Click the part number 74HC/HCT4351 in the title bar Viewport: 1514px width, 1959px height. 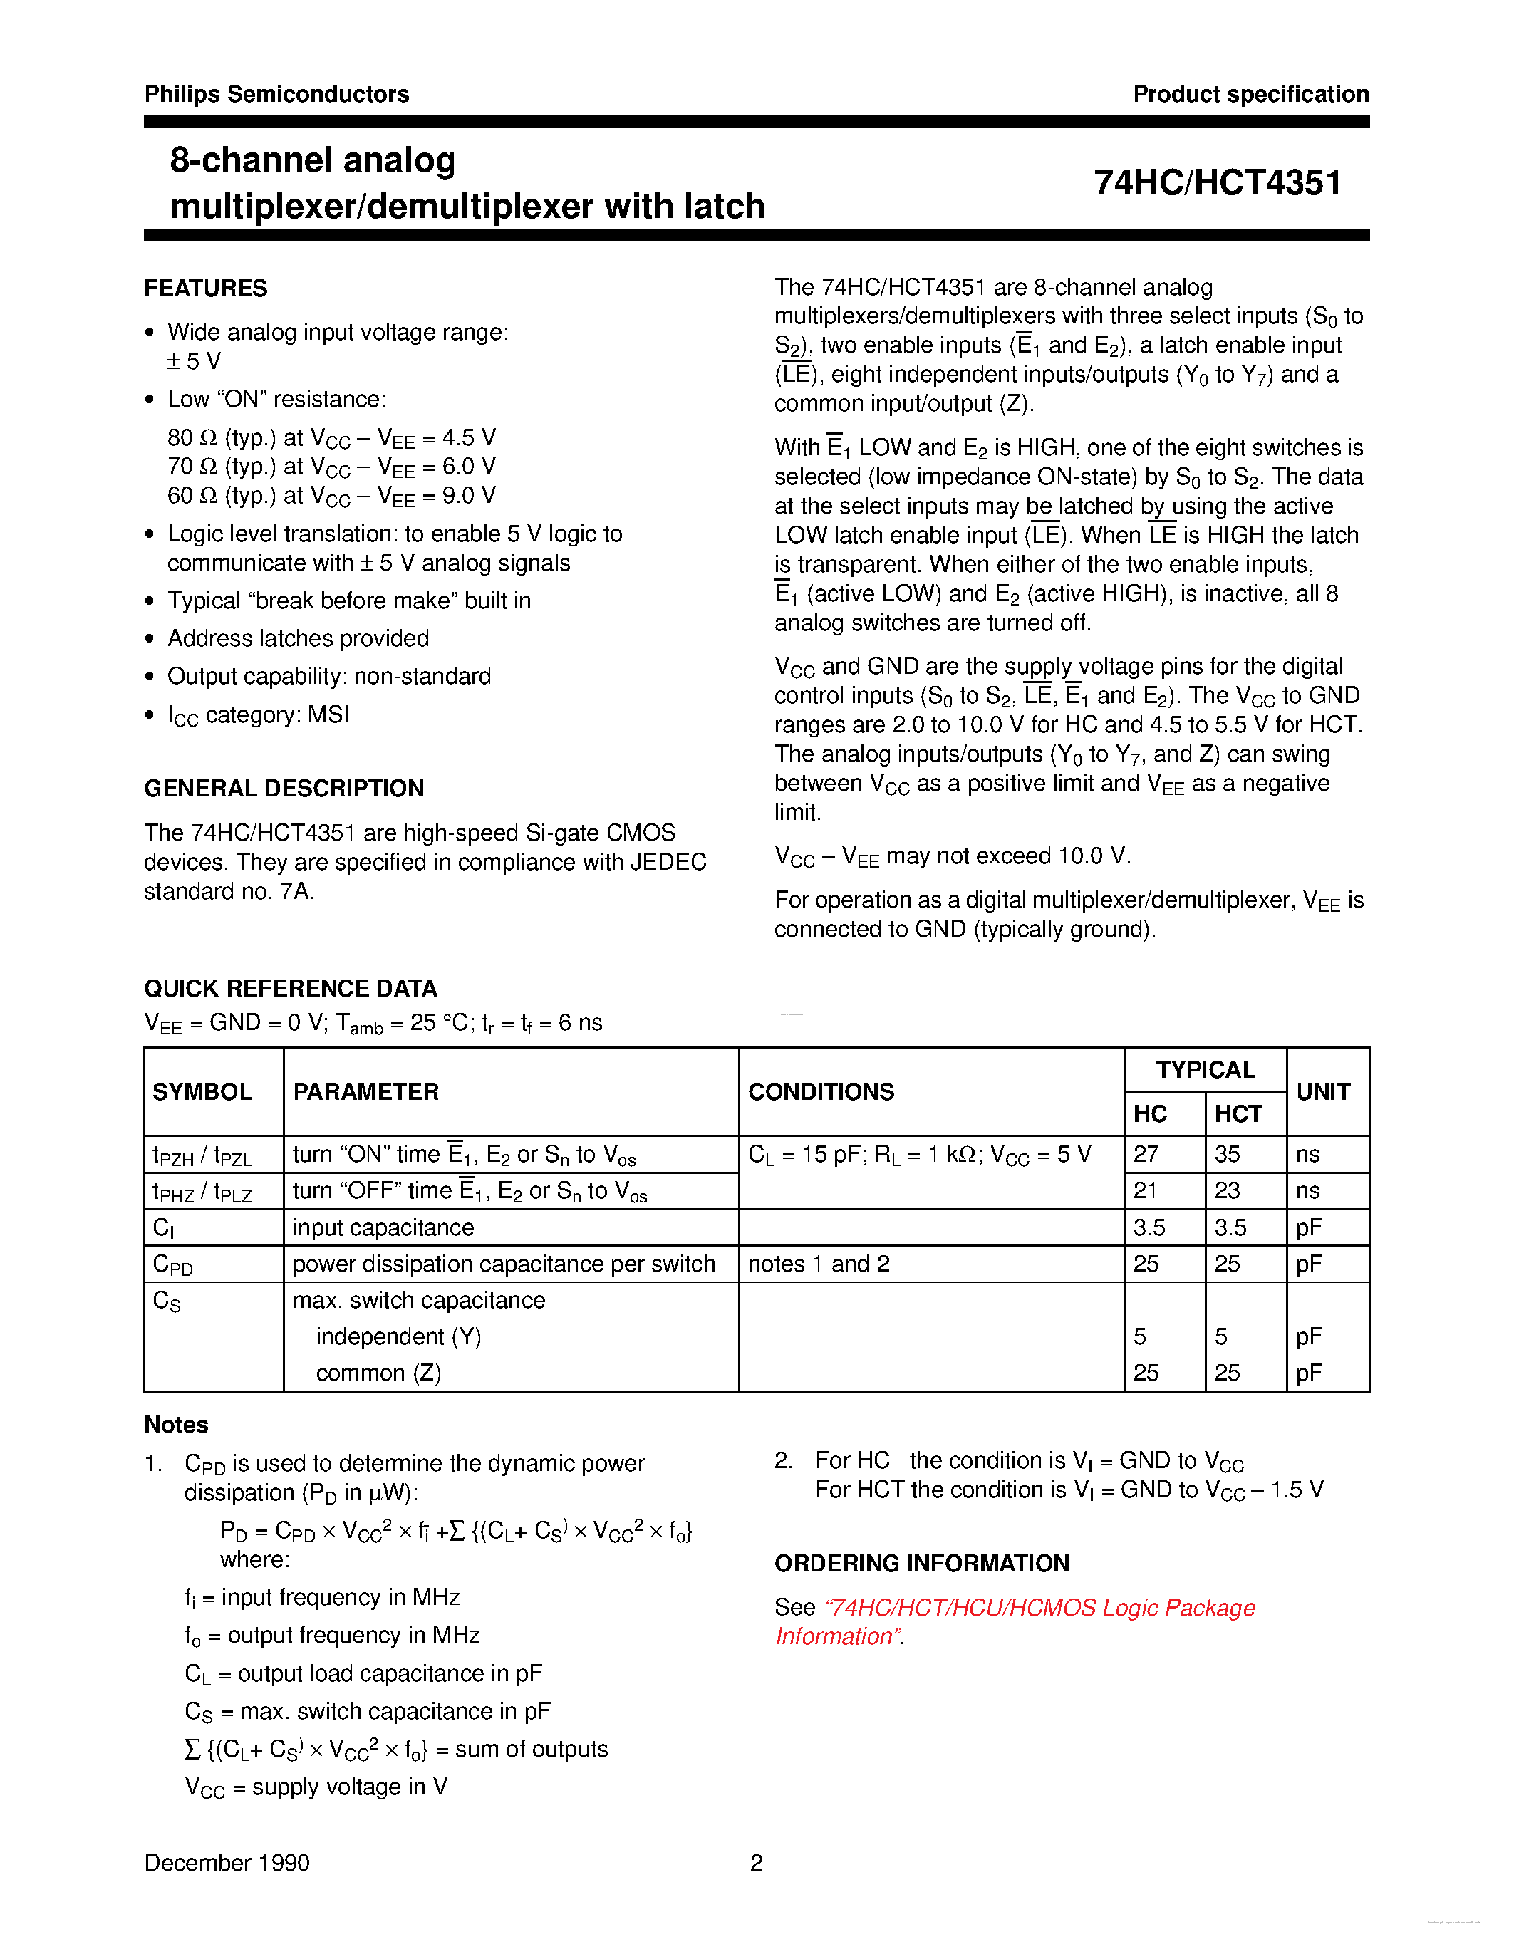click(x=1216, y=183)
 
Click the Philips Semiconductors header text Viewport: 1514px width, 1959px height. click(x=276, y=94)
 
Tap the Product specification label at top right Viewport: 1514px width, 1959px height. click(x=1250, y=94)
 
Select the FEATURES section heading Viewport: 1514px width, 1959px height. click(x=205, y=288)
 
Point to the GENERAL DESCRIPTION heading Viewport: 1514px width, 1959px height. click(x=284, y=789)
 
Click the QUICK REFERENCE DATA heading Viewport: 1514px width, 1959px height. click(x=291, y=989)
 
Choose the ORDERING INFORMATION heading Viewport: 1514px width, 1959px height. click(x=921, y=1564)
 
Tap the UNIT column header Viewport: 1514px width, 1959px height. click(x=1323, y=1091)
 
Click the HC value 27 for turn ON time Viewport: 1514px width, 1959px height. click(x=1146, y=1155)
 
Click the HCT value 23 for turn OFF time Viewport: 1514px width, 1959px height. click(x=1227, y=1191)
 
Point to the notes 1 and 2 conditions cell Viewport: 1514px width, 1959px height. click(x=818, y=1264)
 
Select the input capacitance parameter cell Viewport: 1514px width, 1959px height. click(x=383, y=1228)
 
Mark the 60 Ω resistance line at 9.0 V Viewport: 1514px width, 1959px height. click(x=331, y=496)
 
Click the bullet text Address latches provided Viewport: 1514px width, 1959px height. click(x=298, y=639)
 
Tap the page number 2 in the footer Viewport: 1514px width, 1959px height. click(x=756, y=1863)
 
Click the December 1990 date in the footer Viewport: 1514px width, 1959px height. click(x=227, y=1863)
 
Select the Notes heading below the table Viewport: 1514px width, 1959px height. click(x=176, y=1425)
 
